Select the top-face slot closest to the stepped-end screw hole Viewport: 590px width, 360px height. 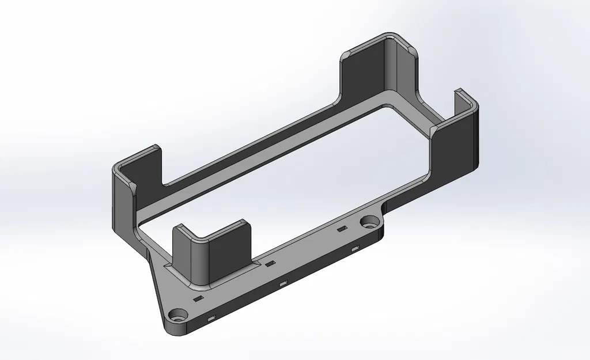(x=342, y=229)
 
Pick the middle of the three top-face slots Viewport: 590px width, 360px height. (x=270, y=264)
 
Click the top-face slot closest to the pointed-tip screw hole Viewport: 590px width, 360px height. (x=198, y=300)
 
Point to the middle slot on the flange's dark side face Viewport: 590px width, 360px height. (x=282, y=284)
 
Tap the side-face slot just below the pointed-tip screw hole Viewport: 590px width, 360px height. (x=211, y=318)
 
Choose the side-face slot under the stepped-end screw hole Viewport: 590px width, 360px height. (x=355, y=249)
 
